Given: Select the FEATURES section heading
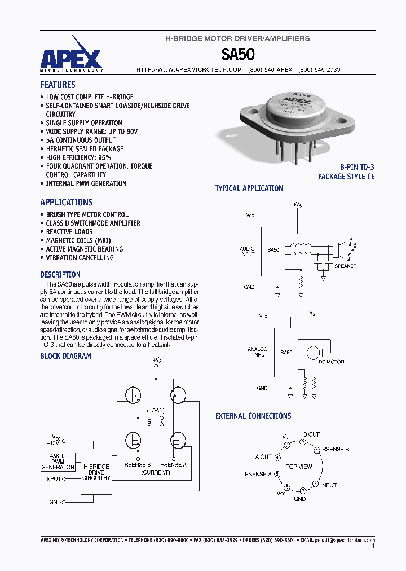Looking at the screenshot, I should coord(58,85).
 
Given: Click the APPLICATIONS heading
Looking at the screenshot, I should coord(66,202).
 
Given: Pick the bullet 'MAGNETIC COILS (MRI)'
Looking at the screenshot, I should coord(78,240).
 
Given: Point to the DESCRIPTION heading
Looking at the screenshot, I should coord(60,275).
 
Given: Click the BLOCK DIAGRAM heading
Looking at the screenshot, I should coord(65,356).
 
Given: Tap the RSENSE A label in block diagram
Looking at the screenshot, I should coord(173,465).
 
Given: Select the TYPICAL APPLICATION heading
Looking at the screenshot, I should coord(249,188).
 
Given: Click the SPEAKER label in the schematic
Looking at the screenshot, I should coord(345,266).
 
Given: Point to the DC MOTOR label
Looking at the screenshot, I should coord(332,362).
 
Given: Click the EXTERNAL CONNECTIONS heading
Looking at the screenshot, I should coord(253,416).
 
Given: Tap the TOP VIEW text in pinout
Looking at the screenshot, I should coord(299,467).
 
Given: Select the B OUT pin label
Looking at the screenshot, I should coord(311,434).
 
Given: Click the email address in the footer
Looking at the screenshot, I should coord(344,540).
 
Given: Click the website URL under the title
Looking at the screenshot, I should coord(189,69).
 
